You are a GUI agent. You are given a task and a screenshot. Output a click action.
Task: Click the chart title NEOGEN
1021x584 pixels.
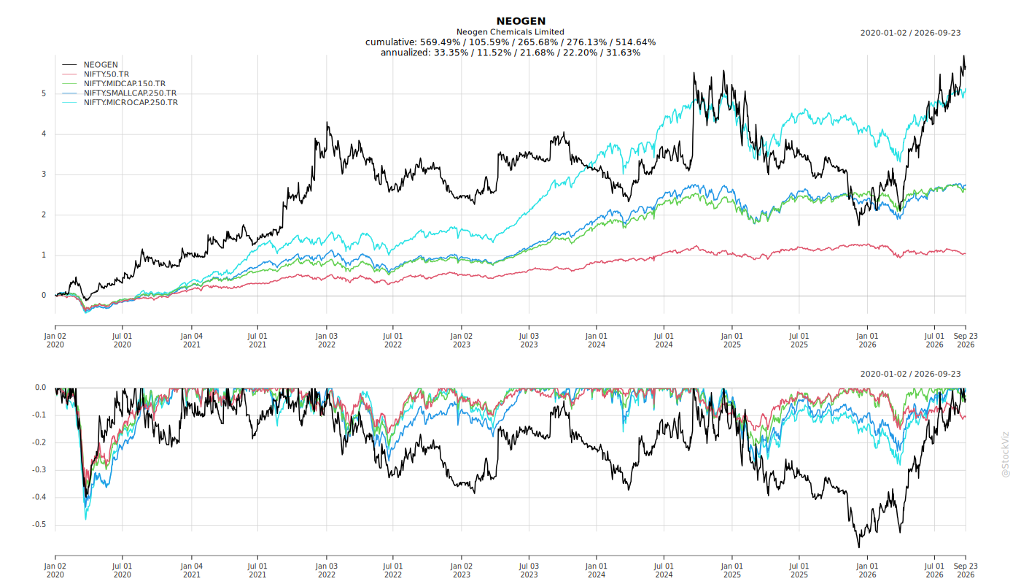tap(521, 21)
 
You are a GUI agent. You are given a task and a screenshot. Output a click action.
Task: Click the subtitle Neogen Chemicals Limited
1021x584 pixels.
tap(510, 32)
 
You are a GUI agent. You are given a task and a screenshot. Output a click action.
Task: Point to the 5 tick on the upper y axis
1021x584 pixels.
tap(44, 93)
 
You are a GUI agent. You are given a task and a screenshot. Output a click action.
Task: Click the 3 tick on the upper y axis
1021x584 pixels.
tap(44, 174)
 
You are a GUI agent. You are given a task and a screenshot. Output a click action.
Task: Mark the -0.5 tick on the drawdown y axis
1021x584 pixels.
tap(39, 525)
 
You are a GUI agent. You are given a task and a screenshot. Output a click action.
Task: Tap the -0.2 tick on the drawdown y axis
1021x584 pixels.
tap(39, 442)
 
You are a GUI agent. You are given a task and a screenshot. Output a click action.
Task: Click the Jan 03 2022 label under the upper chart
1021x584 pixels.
tap(327, 340)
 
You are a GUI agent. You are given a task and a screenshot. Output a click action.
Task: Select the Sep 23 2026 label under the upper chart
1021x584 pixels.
tap(966, 340)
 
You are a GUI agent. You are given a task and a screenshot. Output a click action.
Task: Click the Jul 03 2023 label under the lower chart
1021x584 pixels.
tap(529, 570)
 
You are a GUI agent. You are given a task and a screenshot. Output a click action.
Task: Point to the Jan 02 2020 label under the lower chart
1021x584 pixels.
tap(55, 570)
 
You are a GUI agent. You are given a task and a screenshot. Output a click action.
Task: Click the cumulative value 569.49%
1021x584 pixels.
tap(440, 42)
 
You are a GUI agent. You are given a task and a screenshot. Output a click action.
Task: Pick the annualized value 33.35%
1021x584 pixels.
tap(451, 53)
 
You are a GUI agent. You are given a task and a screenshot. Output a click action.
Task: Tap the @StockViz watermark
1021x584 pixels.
tap(1005, 454)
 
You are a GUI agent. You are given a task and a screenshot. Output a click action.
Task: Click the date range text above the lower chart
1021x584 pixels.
tap(910, 374)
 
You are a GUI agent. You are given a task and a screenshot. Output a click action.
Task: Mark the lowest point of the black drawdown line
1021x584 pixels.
tap(859, 547)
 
